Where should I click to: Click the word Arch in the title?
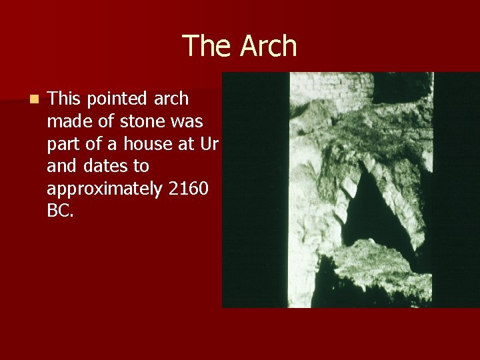click(x=269, y=46)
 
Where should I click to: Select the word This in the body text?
click(x=64, y=99)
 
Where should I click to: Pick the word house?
click(x=159, y=144)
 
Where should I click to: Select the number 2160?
click(x=189, y=189)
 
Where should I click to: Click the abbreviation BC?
click(x=59, y=212)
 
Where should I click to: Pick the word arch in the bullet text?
click(x=172, y=99)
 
